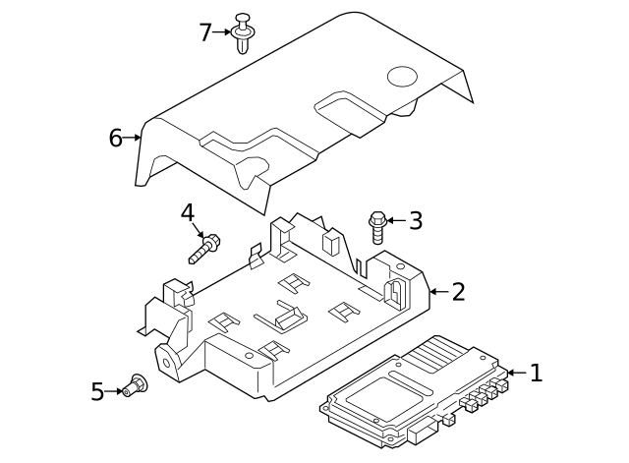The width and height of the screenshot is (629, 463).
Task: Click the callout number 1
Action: click(x=536, y=373)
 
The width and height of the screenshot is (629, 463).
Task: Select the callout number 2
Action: click(x=458, y=291)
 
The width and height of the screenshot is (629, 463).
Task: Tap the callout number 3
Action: click(x=416, y=221)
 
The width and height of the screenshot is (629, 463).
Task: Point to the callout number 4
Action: click(x=188, y=212)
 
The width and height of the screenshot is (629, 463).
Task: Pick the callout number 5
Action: click(x=97, y=392)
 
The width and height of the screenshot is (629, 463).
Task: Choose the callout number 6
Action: click(x=115, y=139)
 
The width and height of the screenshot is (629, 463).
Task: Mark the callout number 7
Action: click(x=204, y=32)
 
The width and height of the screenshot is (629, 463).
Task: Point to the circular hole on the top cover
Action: click(x=402, y=75)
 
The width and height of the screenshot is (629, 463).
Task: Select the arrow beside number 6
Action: click(x=133, y=139)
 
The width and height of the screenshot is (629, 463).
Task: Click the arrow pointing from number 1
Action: click(x=515, y=373)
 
